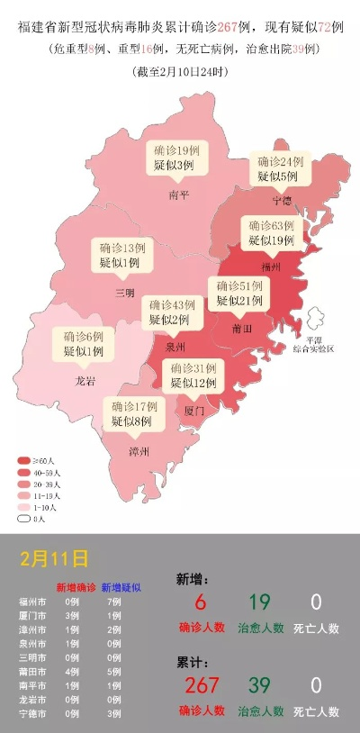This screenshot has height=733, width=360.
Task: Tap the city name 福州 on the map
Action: pos(270,267)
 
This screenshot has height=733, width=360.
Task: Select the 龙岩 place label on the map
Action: pos(85,381)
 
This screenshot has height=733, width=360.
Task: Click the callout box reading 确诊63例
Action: pos(271,232)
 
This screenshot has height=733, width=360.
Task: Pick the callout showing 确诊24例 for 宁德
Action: pos(279,168)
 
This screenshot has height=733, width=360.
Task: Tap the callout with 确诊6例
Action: pos(84,343)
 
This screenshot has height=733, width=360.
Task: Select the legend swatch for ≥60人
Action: pos(24,460)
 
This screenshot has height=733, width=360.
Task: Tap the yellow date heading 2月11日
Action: pos(55,557)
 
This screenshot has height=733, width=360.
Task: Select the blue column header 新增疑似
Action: pos(121,586)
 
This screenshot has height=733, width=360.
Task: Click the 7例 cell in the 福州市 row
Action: pos(113,601)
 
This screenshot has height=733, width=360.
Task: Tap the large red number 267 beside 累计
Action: pos(202,685)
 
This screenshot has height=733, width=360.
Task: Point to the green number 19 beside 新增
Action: pos(260,602)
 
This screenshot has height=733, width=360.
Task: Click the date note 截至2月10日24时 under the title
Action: pos(180,70)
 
